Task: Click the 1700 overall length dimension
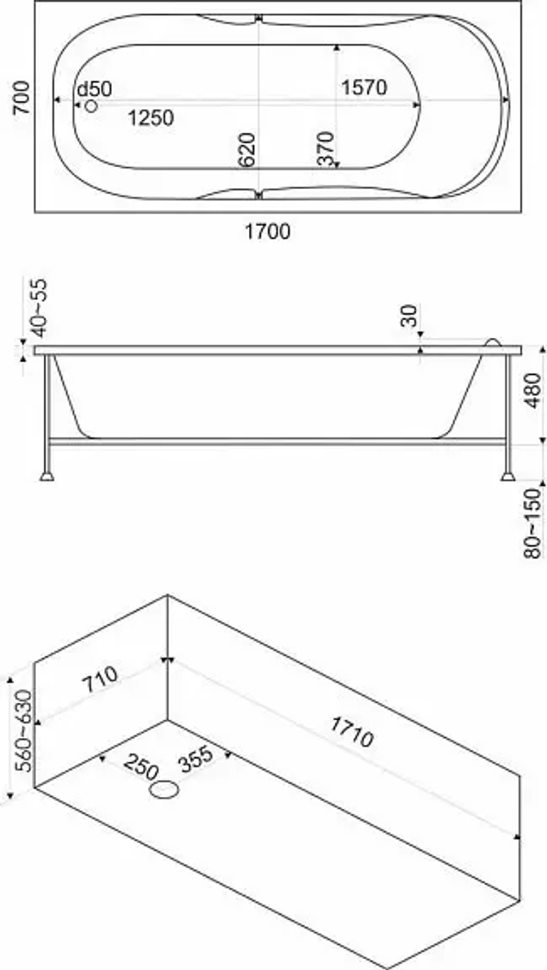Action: pyautogui.click(x=267, y=232)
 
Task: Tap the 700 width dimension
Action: pyautogui.click(x=21, y=97)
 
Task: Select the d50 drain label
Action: pyautogui.click(x=94, y=89)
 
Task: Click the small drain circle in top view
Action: pyautogui.click(x=91, y=105)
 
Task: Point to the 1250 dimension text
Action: pyautogui.click(x=150, y=117)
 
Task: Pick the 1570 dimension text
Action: pyautogui.click(x=364, y=87)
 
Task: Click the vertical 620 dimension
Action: pyautogui.click(x=247, y=150)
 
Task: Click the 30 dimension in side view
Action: pyautogui.click(x=409, y=315)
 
